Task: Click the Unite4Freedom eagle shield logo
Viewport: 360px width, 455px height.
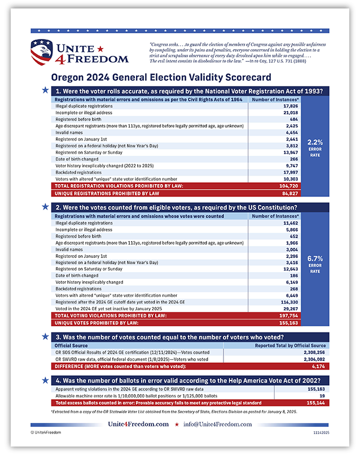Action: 42,51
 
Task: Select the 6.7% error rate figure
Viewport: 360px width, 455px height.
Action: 314,259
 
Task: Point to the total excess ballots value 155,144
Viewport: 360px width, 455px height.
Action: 315,404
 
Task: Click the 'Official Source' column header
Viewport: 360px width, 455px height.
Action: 72,345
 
